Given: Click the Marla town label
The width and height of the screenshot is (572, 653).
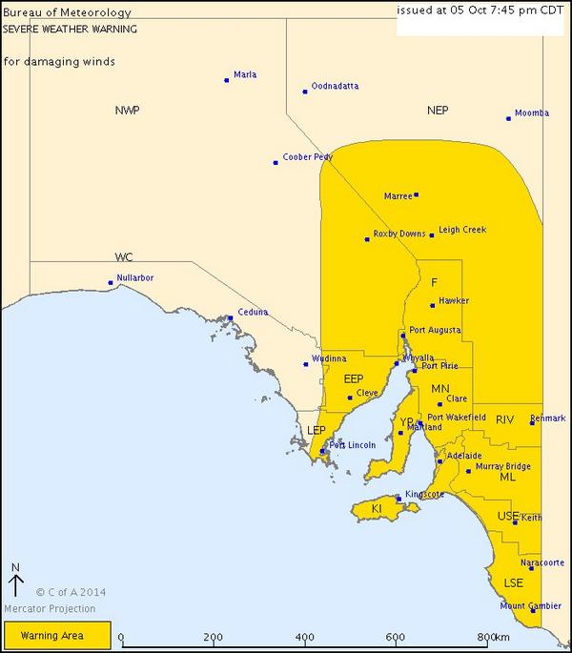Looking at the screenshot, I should coord(245,74).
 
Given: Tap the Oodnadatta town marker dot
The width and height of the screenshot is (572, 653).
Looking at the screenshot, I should coord(305,92).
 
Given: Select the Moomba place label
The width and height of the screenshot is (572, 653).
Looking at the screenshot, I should coord(532,113).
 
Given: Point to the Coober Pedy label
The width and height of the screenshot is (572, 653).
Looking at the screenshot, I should coord(308,157).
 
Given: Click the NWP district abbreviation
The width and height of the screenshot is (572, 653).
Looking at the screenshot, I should coord(127,111).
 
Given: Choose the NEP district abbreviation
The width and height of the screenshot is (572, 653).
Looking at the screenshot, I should coord(438,111).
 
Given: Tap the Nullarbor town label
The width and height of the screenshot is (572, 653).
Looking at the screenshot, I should coord(135,278).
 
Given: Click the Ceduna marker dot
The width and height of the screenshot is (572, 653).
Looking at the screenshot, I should coord(231,318).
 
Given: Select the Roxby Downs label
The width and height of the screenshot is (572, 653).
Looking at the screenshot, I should coord(399,234).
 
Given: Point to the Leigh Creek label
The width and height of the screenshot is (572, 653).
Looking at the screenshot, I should coord(462,230).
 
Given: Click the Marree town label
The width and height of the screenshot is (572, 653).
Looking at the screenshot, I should coord(398,196).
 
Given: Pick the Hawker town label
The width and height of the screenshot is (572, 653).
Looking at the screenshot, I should coord(454,301).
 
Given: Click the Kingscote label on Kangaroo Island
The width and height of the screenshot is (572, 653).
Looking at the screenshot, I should coord(422,494).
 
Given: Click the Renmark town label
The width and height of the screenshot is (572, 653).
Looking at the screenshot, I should coord(548,418).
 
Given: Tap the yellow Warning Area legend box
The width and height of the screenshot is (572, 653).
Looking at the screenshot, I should coord(57,635).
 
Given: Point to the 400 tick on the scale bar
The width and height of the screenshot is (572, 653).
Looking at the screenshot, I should coord(305,637).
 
